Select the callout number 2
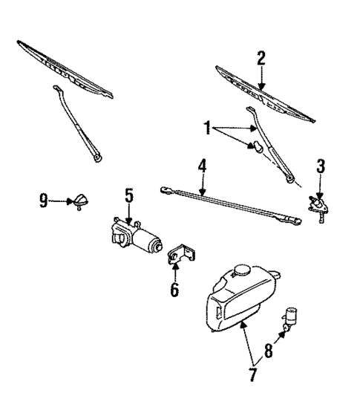(x=261, y=58)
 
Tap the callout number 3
(x=320, y=166)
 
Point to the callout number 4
(x=202, y=166)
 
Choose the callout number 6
(x=175, y=289)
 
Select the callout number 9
(x=43, y=199)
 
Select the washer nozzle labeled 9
(x=78, y=201)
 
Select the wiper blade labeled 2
(x=264, y=93)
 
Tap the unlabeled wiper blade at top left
(x=65, y=71)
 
